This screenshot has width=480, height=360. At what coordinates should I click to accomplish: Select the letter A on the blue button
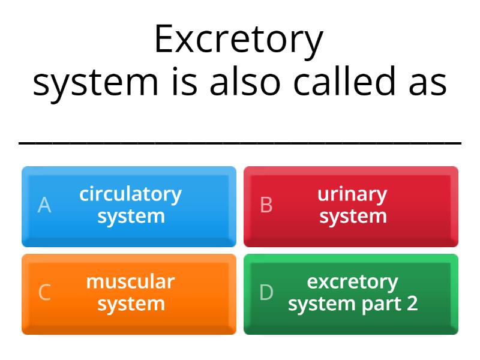point(44,205)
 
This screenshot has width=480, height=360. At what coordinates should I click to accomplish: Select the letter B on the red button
point(266,205)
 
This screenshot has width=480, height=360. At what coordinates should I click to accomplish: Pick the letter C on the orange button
point(44,293)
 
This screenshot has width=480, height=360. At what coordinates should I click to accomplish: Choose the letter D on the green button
point(266,293)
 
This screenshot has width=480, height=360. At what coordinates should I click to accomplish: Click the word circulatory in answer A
point(130,194)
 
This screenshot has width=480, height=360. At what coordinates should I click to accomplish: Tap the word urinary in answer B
point(352,194)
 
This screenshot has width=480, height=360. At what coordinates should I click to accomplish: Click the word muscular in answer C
point(130,281)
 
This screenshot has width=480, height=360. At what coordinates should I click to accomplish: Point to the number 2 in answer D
point(412,304)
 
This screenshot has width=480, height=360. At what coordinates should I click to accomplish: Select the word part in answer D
point(382,304)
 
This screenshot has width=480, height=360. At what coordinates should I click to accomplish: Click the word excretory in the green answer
point(352,281)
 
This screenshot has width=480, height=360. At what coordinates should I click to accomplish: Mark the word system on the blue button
point(131,216)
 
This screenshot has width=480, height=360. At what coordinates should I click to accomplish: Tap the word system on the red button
point(353,216)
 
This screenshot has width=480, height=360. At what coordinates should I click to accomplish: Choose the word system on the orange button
point(131,304)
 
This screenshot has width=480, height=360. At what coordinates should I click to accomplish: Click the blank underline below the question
point(240,143)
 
